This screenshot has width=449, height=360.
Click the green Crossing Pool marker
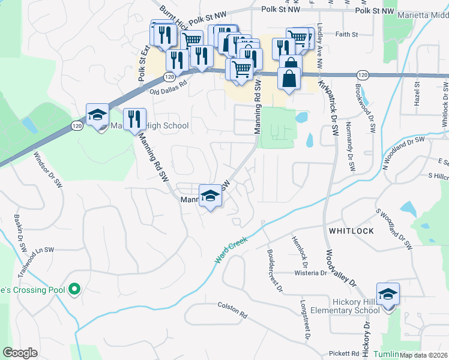pyautogui.click(x=74, y=290)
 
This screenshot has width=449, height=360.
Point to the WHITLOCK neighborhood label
pyautogui.click(x=351, y=231)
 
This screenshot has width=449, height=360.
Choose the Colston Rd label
pyautogui.click(x=232, y=314)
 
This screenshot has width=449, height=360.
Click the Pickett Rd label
pyautogui.click(x=343, y=353)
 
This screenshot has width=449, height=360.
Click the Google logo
pyautogui.click(x=20, y=353)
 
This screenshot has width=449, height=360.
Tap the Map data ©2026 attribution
pyautogui.click(x=423, y=355)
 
